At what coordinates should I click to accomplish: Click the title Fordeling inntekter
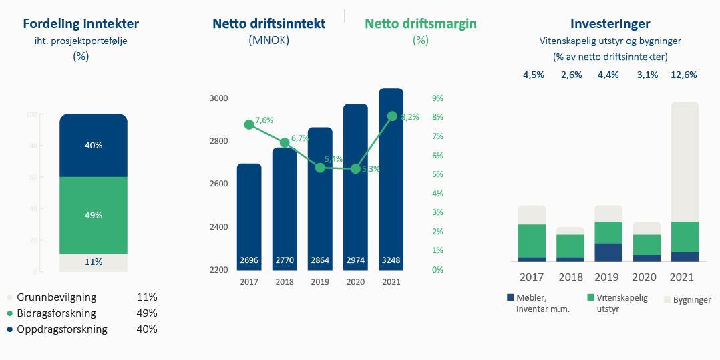pyautogui.click(x=81, y=24)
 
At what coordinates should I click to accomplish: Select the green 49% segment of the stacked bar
pyautogui.click(x=93, y=215)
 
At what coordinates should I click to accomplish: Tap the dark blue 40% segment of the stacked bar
pyautogui.click(x=93, y=145)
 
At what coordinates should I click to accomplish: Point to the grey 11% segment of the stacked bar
pyautogui.click(x=93, y=262)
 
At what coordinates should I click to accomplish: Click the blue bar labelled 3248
pyautogui.click(x=391, y=180)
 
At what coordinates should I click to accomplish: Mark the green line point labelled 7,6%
pyautogui.click(x=249, y=124)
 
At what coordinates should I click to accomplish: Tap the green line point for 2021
pyautogui.click(x=391, y=116)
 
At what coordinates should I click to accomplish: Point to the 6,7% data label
pyautogui.click(x=299, y=138)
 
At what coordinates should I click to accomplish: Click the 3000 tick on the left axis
pyautogui.click(x=219, y=98)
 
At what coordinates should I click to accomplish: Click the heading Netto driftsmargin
pyautogui.click(x=420, y=24)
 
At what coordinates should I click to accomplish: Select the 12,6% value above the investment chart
pyautogui.click(x=684, y=75)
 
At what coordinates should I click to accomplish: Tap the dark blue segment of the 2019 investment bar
pyautogui.click(x=608, y=252)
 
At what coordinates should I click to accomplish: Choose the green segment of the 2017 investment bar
pyautogui.click(x=532, y=240)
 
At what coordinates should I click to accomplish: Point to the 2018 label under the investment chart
pyautogui.click(x=570, y=277)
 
